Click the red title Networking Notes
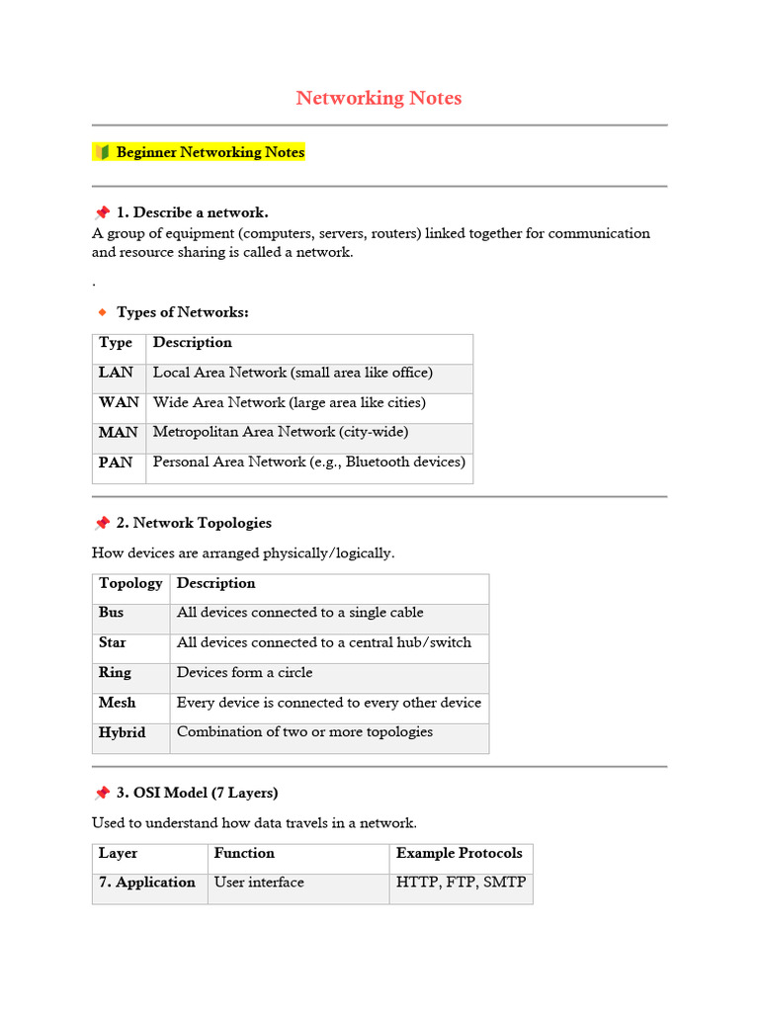(x=379, y=98)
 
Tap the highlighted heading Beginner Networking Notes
(x=210, y=152)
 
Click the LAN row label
(x=115, y=373)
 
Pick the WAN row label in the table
(x=119, y=402)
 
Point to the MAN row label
(x=119, y=432)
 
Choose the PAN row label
(x=115, y=462)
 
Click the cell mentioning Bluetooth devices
(x=308, y=462)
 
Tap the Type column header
(x=115, y=342)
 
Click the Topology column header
(x=130, y=583)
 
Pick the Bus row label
(x=111, y=613)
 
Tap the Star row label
(x=112, y=642)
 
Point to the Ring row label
(x=114, y=672)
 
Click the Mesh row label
(x=117, y=703)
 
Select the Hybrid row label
(x=122, y=732)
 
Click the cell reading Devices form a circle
(x=244, y=672)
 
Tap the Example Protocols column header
(x=459, y=853)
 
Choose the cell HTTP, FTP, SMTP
(x=461, y=883)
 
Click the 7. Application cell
(x=146, y=883)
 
